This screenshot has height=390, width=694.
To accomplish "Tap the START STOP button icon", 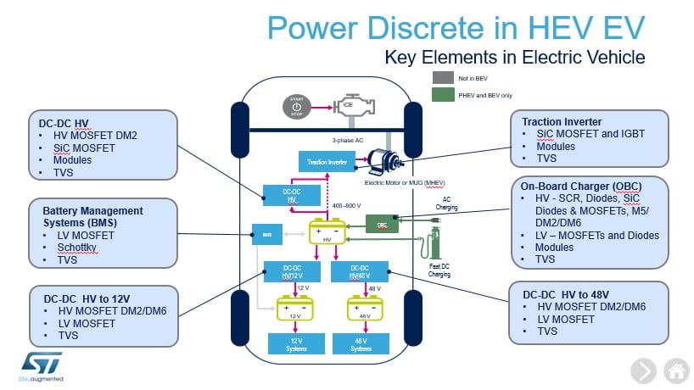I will coord(296,108).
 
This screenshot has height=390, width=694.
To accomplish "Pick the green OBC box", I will coord(382,224).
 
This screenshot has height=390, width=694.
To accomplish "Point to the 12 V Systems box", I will coord(292,343).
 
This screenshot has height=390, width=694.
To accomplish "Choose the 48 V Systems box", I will coord(361,343).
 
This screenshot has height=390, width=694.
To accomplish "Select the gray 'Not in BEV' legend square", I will coord(443,77).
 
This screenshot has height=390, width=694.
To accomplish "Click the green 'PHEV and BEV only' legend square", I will coord(443,95).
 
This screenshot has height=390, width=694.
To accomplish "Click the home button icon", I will coord(675,370).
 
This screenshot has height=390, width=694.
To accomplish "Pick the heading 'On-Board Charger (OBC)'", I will coord(581,187).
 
